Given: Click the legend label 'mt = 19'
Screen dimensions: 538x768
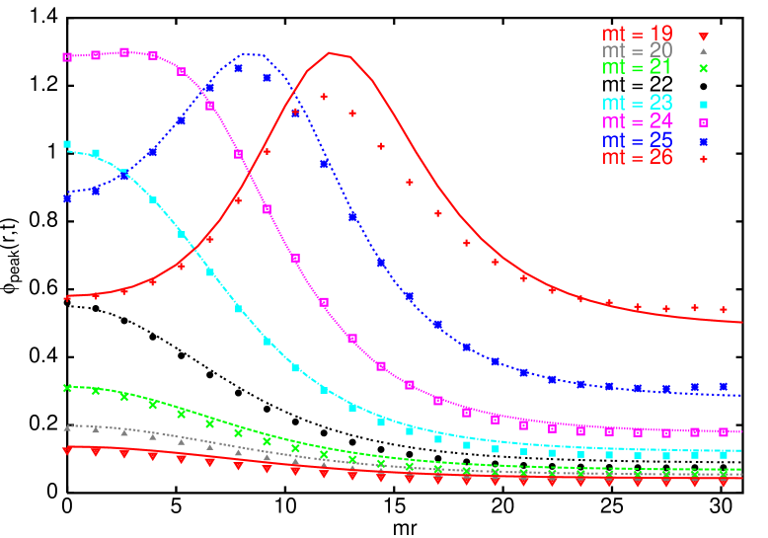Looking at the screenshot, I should (638, 35).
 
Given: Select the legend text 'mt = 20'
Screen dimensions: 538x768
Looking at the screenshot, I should (638, 50).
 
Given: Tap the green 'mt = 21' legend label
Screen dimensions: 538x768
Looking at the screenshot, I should (638, 67).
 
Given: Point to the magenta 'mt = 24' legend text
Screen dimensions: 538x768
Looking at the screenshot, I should (638, 121).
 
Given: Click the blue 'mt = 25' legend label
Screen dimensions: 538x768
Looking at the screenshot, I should (638, 140).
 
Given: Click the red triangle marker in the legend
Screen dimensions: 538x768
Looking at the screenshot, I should (704, 36).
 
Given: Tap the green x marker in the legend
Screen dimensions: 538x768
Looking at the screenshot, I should (704, 68).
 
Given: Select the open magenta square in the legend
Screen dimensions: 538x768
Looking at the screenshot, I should (704, 122).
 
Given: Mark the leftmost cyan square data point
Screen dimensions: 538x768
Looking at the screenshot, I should (67, 144).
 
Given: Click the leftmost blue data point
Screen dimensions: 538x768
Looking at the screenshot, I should (67, 198).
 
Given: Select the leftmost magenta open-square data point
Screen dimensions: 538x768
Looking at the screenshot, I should (67, 57).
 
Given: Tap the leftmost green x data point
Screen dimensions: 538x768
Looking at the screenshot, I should (67, 388).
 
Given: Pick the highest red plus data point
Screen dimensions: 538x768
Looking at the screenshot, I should (324, 96).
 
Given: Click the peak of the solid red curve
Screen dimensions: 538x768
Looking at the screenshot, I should (331, 53).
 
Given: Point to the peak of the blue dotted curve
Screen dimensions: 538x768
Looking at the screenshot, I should (253, 54).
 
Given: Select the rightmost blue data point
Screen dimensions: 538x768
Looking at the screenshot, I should (724, 386).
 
